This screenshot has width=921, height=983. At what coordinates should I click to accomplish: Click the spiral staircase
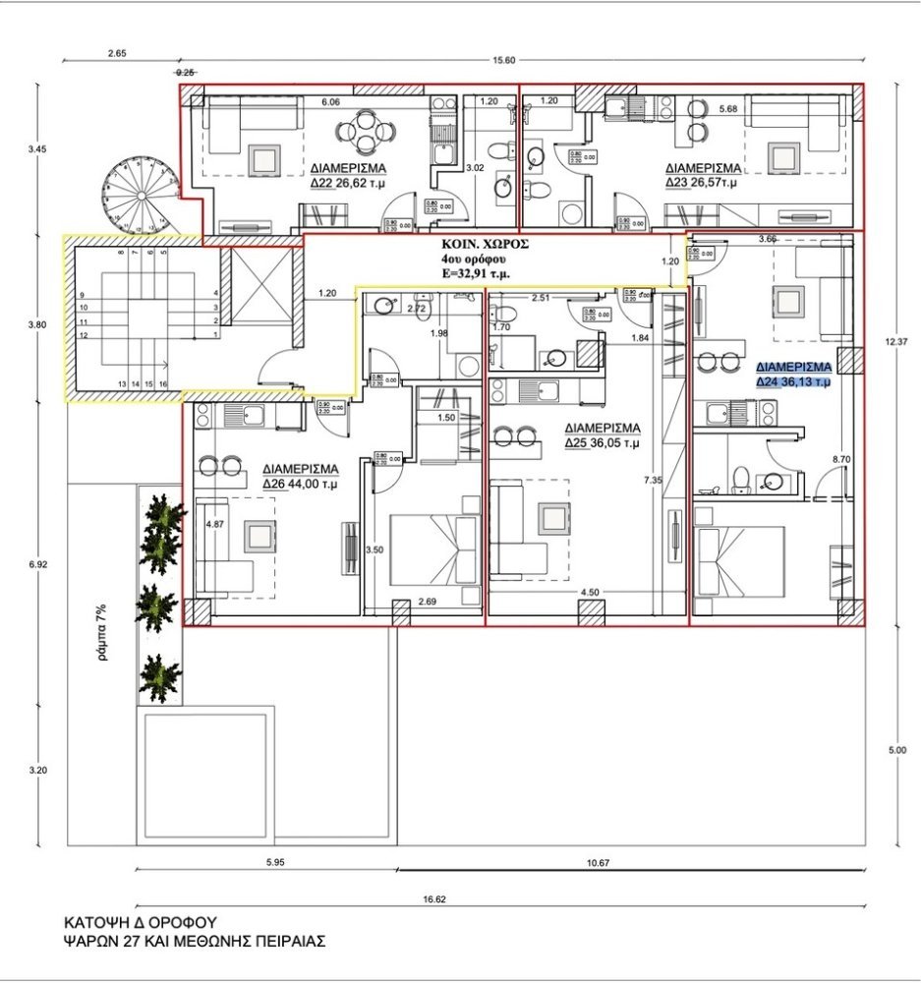(x=140, y=196)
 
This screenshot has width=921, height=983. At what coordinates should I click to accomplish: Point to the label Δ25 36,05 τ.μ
(x=603, y=443)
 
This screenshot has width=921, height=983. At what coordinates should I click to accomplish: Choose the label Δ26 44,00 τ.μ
(x=301, y=484)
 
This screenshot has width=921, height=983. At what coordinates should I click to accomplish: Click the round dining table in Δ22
(x=365, y=131)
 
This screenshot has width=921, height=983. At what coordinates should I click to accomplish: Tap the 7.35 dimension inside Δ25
(x=652, y=480)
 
